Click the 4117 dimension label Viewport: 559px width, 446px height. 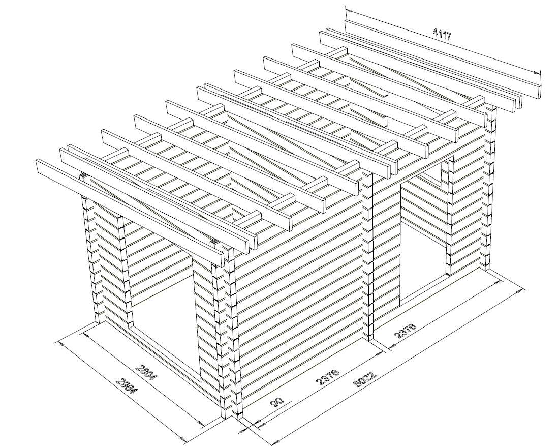[x=442, y=34]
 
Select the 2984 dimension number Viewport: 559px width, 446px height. [x=127, y=385]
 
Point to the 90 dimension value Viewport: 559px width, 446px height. [x=277, y=402]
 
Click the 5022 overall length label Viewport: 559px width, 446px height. [x=364, y=380]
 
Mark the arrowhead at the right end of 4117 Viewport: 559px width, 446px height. [x=538, y=73]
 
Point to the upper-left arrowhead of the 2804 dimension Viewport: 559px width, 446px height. [x=85, y=334]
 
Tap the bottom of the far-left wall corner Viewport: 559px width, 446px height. [x=98, y=320]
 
